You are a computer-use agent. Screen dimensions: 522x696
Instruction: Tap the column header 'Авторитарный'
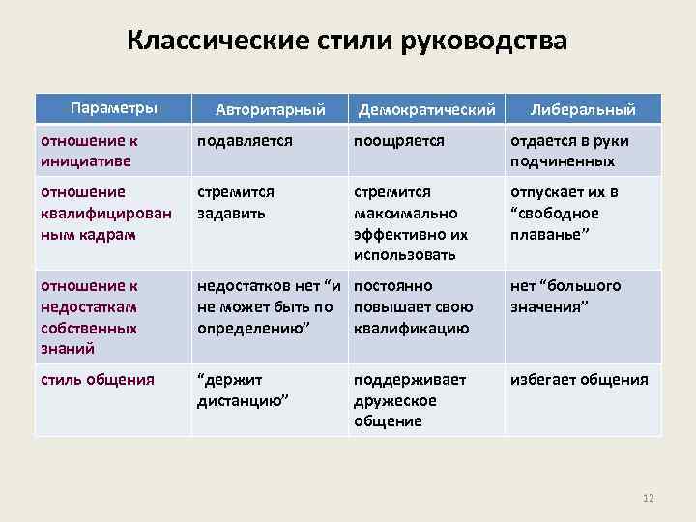pyautogui.click(x=269, y=109)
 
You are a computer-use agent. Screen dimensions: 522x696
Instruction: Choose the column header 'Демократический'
pyautogui.click(x=426, y=109)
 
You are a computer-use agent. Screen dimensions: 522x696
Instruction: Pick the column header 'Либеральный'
pyautogui.click(x=583, y=109)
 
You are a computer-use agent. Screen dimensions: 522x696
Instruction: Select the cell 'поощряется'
pyautogui.click(x=399, y=141)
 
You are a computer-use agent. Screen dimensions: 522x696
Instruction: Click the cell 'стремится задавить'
pyautogui.click(x=236, y=203)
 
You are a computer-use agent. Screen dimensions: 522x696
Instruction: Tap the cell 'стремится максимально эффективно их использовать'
pyautogui.click(x=411, y=223)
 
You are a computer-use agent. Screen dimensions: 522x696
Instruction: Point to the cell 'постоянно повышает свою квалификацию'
pyautogui.click(x=414, y=306)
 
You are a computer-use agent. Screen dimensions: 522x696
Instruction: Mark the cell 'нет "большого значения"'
pyautogui.click(x=565, y=296)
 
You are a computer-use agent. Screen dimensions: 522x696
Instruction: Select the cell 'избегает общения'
pyautogui.click(x=579, y=380)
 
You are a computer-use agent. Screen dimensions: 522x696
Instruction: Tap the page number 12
pyautogui.click(x=648, y=498)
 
